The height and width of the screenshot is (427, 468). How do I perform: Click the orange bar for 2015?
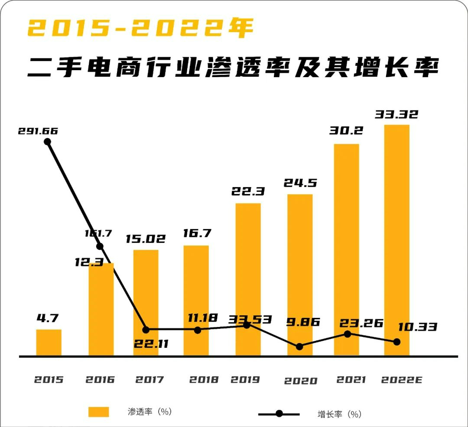(49, 343)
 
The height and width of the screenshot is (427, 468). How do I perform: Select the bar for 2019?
(248, 279)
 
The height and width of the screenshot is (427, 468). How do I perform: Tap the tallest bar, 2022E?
(397, 240)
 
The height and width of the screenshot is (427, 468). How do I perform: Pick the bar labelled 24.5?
(300, 275)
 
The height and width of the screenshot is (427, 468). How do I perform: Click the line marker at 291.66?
(48, 142)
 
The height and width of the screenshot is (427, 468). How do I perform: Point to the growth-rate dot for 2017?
(146, 330)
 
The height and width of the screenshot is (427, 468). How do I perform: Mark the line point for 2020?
(299, 346)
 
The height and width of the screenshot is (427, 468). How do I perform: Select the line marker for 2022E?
(396, 342)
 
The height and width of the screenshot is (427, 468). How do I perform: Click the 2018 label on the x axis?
(204, 380)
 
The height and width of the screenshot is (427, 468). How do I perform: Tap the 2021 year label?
(351, 380)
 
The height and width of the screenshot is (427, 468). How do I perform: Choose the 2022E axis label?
(402, 380)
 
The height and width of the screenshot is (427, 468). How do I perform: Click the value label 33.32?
(396, 114)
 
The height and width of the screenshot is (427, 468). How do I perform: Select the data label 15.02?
(146, 239)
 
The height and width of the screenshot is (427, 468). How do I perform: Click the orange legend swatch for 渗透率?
(99, 411)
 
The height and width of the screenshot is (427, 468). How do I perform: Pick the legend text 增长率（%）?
(339, 414)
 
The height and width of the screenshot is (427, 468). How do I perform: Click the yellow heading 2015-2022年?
(141, 29)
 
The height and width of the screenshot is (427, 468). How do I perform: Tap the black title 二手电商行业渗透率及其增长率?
(234, 68)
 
